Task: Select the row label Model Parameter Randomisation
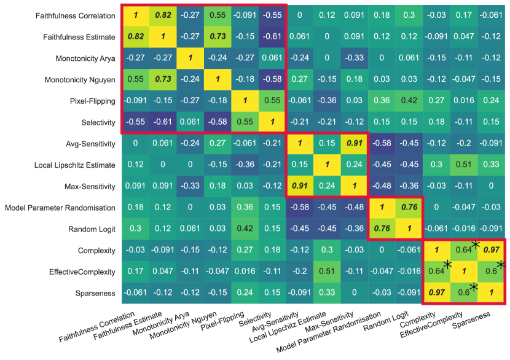tap(61, 207)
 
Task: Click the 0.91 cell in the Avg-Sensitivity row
tap(355, 144)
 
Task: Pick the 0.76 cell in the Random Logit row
tap(382, 229)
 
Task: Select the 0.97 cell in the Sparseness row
tap(436, 294)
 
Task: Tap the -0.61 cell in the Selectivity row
tap(165, 122)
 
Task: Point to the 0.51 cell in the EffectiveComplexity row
tap(328, 272)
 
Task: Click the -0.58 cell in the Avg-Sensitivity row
tap(382, 144)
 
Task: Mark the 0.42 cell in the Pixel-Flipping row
tap(409, 101)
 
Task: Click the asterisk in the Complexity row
tap(475, 244)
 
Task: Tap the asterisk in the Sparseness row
tap(474, 286)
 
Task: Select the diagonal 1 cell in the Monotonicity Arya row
tap(192, 58)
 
